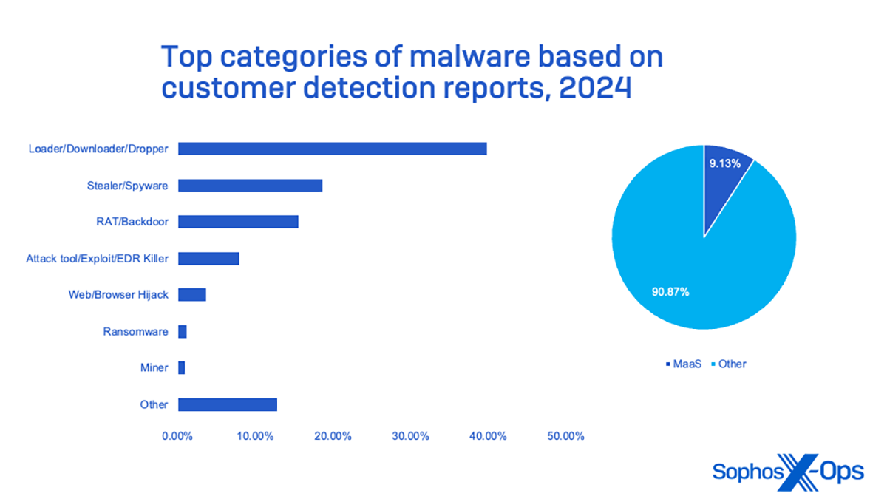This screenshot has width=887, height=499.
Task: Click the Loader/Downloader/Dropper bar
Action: [x=332, y=149]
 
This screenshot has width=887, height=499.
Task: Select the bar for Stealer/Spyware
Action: [x=250, y=186]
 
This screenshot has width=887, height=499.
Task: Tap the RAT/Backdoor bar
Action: [x=238, y=222]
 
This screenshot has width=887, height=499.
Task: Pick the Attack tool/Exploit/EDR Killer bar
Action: [x=208, y=259]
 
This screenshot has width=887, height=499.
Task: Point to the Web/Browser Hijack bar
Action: [x=192, y=295]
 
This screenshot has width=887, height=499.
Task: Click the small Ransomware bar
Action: [x=183, y=332]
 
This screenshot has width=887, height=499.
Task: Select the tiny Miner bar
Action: [x=182, y=368]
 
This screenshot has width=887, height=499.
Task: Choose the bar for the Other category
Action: [x=228, y=404]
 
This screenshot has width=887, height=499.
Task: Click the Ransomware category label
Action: [x=135, y=332]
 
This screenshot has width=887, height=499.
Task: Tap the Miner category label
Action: [x=154, y=368]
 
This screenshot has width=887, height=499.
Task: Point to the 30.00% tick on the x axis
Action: [x=410, y=436]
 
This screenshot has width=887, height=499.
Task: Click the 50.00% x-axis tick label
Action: [x=565, y=436]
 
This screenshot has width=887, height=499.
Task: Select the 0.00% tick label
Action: [x=177, y=436]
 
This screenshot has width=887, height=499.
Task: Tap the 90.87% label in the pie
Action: [x=670, y=292]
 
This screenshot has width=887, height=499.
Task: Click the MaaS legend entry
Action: [x=682, y=364]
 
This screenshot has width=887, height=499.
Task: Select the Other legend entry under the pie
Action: [x=728, y=364]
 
